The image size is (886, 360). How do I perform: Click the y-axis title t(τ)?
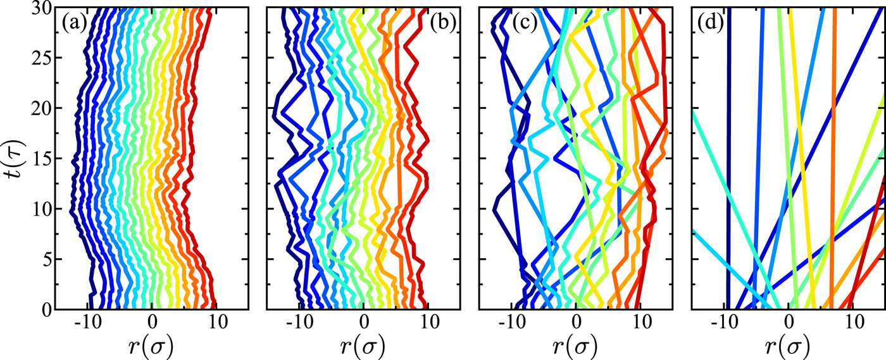click(x=14, y=158)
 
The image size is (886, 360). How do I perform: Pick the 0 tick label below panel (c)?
click(x=577, y=325)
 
